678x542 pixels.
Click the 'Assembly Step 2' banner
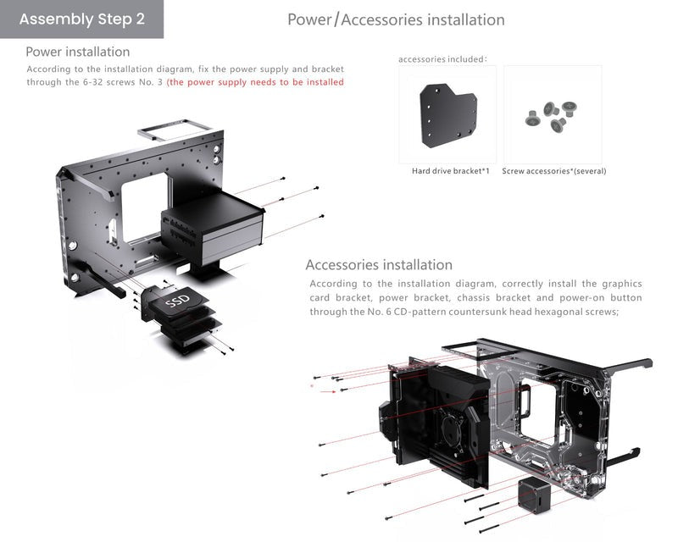tap(81, 19)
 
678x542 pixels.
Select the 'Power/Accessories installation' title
tap(396, 19)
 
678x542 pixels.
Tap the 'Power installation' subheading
tap(78, 53)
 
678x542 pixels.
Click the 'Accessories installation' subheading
tap(379, 265)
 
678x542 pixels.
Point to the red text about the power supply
tap(255, 82)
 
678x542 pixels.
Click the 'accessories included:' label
tap(442, 59)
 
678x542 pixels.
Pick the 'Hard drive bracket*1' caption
tap(450, 171)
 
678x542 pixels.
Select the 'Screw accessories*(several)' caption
tap(553, 171)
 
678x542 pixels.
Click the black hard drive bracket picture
tap(449, 114)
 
